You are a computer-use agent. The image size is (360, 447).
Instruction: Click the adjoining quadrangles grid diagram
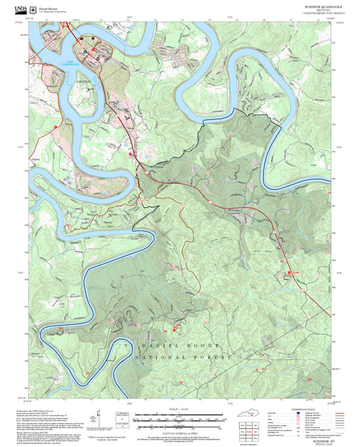tap(252, 433)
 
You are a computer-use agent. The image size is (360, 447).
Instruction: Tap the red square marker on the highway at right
tap(294, 271)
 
